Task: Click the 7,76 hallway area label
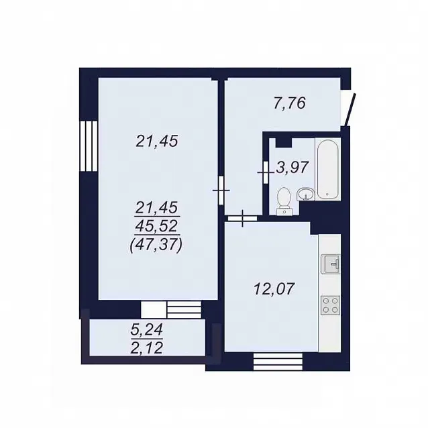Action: [289, 103]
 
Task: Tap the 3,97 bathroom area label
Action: [292, 167]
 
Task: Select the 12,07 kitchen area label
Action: [274, 288]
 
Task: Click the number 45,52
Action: [157, 225]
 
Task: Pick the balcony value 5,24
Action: [146, 330]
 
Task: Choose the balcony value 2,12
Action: [146, 347]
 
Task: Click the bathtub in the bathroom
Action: [327, 169]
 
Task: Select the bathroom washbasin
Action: [306, 195]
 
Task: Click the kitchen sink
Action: [331, 264]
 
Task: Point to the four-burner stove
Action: [331, 305]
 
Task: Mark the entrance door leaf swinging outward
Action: [350, 110]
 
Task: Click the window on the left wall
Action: [89, 146]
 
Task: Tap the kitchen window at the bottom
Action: [278, 362]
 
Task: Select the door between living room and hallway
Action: [221, 191]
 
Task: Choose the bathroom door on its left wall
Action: [266, 172]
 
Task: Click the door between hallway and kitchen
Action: [242, 219]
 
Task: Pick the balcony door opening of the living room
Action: [171, 309]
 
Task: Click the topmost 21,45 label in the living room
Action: [157, 141]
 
